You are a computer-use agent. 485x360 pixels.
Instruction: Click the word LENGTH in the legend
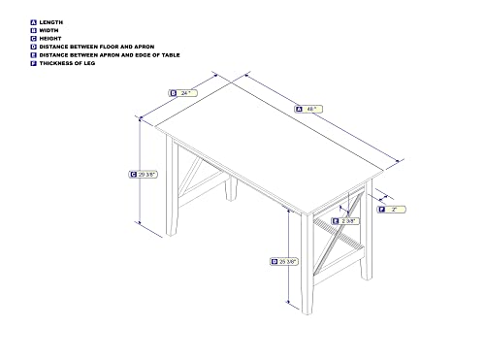point(51,22)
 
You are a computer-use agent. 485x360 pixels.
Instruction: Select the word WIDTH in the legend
point(48,30)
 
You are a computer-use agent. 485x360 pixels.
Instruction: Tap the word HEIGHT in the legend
point(50,39)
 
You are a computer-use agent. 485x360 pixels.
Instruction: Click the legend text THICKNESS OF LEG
point(67,63)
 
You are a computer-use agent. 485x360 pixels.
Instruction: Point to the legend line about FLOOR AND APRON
point(97,47)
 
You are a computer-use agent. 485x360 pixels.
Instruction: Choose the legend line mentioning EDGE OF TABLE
point(110,55)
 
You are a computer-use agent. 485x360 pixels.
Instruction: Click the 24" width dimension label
point(182,93)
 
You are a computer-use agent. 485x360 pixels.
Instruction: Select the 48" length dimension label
point(308,109)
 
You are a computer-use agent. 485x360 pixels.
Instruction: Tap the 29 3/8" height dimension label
point(143,175)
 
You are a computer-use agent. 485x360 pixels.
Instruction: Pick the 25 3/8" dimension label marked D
point(284,261)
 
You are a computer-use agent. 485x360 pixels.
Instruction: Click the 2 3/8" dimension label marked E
point(345,221)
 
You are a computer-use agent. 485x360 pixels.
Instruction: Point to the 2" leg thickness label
point(391,210)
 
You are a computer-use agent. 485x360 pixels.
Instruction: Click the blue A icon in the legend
point(33,22)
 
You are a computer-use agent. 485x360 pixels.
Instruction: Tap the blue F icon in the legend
point(33,63)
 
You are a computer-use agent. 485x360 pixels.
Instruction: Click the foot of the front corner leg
point(307,311)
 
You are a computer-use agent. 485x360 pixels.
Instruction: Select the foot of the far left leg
point(172,232)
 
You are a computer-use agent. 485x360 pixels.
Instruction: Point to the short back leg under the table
point(231,188)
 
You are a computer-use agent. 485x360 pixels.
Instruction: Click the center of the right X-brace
point(339,234)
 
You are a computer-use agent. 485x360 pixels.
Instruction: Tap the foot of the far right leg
point(367,277)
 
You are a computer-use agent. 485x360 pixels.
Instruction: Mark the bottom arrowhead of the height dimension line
point(140,223)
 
